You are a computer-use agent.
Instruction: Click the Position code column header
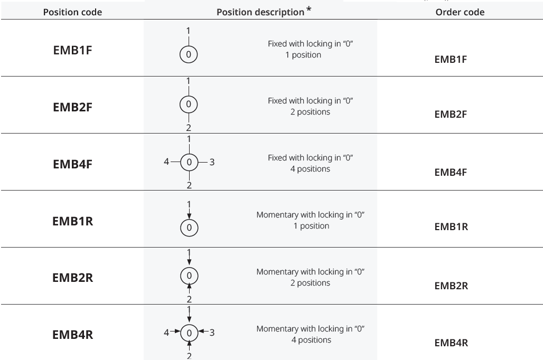[x=72, y=12]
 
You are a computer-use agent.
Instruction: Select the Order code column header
[x=460, y=12]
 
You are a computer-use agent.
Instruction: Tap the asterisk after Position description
[x=308, y=10]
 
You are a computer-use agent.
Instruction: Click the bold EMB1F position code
[x=72, y=50]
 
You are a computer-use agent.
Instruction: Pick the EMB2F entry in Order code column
[x=451, y=114]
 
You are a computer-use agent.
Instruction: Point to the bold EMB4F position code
[x=72, y=164]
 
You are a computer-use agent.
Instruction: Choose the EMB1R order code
[x=451, y=227]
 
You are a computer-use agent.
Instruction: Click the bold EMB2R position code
[x=72, y=278]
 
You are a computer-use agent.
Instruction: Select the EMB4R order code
[x=451, y=343]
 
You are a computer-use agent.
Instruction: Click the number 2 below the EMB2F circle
[x=189, y=128]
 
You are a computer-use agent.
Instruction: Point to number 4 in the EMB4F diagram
[x=166, y=162]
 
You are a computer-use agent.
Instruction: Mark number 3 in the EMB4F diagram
[x=212, y=162]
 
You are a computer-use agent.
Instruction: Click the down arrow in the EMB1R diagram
[x=189, y=213]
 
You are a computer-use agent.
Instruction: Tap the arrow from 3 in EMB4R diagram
[x=203, y=331]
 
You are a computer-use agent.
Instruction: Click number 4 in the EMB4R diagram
[x=166, y=333]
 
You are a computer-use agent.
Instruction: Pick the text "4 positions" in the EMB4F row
[x=310, y=169]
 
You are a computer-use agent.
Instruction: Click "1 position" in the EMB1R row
[x=311, y=226]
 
